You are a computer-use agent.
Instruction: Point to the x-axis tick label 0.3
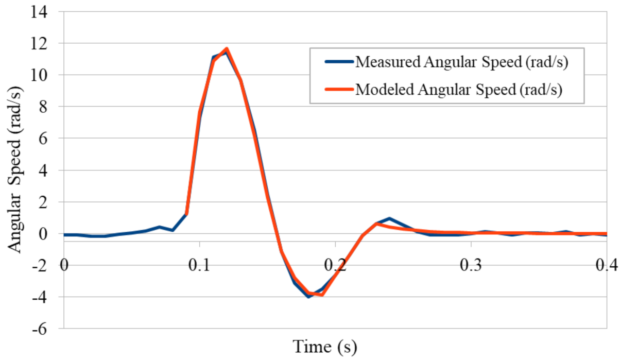point(471,265)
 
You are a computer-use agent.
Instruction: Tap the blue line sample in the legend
point(338,62)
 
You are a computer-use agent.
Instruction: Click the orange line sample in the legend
point(338,89)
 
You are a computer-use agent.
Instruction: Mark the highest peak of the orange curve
point(227,49)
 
